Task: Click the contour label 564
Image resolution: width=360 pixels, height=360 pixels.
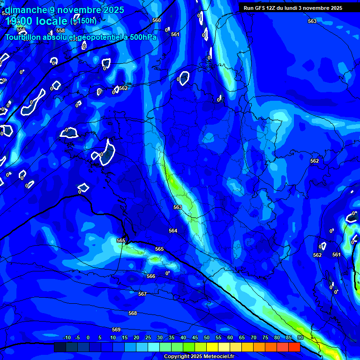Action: [x=173, y=231]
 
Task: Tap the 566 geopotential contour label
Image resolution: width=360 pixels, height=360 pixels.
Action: [x=151, y=276]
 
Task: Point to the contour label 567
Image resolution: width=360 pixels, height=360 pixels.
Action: [x=142, y=294]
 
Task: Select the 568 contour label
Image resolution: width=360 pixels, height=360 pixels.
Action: [x=133, y=313]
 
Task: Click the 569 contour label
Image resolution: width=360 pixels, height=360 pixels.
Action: [x=116, y=330]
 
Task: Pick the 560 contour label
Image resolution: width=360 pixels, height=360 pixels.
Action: [x=157, y=20]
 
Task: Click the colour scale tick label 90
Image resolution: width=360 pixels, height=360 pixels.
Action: [x=300, y=337]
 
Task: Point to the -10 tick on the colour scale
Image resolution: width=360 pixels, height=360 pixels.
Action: [x=66, y=337]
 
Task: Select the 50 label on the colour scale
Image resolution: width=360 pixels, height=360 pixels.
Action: [x=207, y=337]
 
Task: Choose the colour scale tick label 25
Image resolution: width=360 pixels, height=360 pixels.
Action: [x=148, y=337]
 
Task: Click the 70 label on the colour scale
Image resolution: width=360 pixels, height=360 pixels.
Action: [x=254, y=337]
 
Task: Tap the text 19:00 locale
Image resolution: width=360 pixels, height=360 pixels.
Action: [x=36, y=21]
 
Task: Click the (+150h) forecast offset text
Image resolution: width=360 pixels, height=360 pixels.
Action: [x=83, y=21]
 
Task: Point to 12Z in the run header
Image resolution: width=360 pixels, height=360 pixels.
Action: [x=271, y=8]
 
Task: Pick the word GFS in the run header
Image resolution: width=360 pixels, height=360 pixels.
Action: [x=259, y=8]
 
